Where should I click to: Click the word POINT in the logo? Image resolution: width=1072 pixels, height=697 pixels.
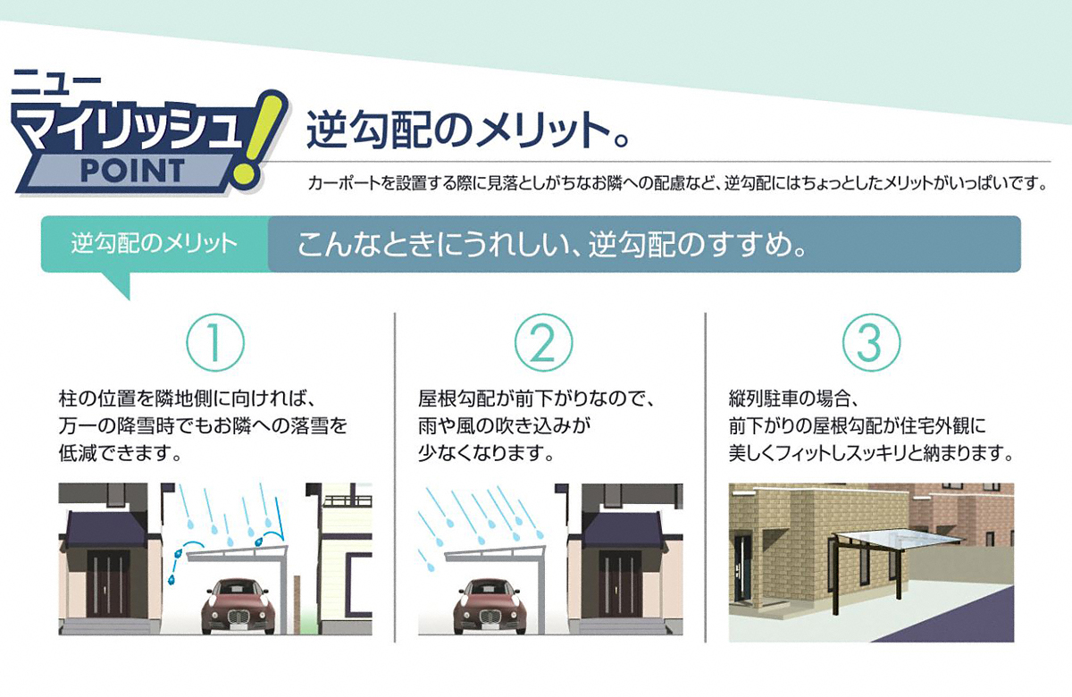(x=132, y=171)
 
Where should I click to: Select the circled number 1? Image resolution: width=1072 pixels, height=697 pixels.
(x=215, y=342)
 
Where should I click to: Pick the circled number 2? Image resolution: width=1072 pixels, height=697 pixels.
(x=543, y=342)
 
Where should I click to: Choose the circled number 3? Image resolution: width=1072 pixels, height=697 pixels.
(x=871, y=342)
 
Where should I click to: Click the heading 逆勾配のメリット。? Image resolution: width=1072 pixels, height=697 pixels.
(x=467, y=130)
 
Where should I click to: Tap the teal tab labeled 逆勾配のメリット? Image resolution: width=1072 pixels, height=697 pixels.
(x=154, y=244)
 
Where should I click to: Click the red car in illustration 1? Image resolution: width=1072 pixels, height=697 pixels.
(x=238, y=605)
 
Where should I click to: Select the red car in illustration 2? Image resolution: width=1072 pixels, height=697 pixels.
(x=490, y=605)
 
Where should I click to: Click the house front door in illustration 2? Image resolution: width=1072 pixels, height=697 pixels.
(x=619, y=585)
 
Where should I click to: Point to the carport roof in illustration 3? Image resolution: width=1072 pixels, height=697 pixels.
(x=898, y=540)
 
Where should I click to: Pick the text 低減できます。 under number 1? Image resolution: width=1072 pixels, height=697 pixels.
(x=120, y=453)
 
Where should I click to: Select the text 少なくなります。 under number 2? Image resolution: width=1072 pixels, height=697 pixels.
(x=486, y=453)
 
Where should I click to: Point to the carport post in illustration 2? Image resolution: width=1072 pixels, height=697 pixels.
(x=542, y=593)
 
